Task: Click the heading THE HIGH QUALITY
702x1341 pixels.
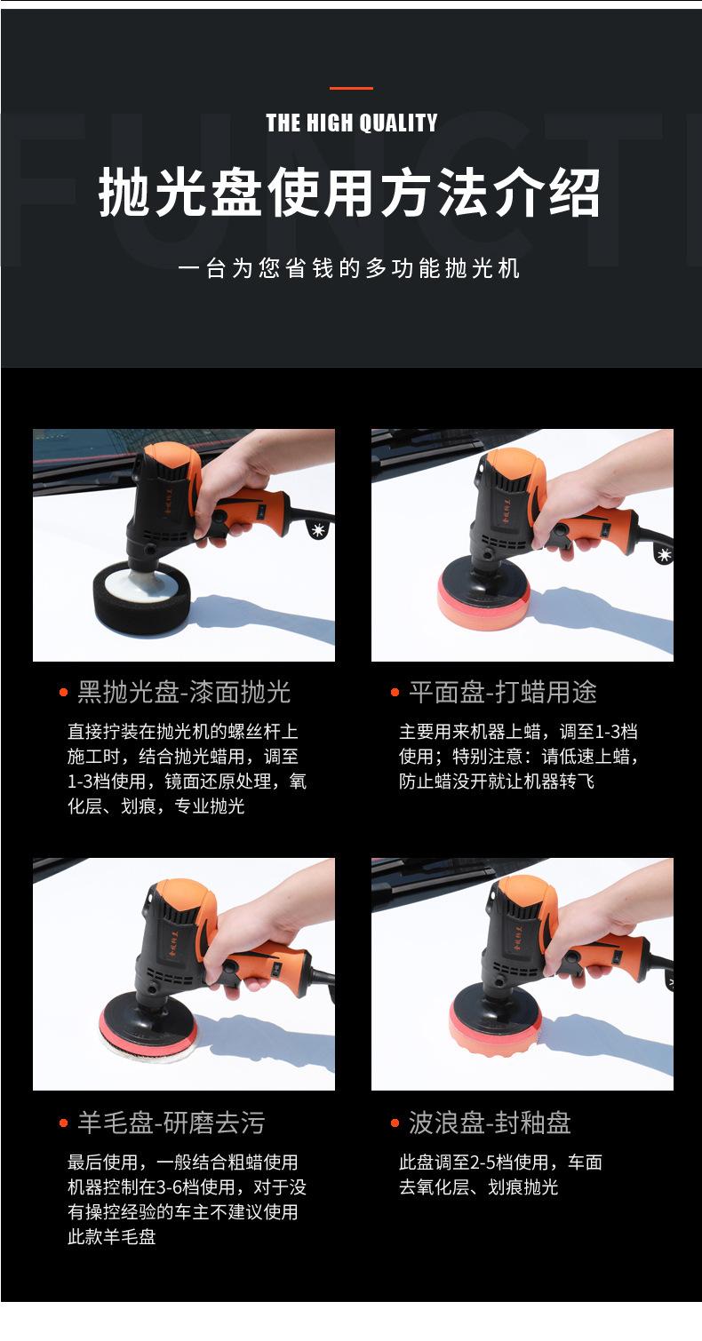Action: (352, 123)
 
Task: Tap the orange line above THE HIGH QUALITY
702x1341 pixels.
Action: (351, 88)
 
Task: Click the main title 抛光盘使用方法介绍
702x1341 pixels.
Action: (350, 192)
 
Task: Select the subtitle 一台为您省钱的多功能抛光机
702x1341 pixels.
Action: (349, 268)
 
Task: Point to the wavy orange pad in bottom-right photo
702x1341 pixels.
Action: (495, 1028)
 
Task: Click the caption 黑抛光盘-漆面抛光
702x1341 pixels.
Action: (184, 692)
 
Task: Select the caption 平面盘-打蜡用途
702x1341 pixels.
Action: (503, 692)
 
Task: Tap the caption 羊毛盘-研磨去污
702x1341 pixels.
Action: (172, 1123)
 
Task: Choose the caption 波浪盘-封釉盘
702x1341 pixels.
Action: (490, 1123)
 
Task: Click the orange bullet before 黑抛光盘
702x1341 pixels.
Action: (63, 693)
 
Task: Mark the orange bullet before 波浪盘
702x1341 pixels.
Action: (395, 1123)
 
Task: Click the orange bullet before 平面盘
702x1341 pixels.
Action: (395, 693)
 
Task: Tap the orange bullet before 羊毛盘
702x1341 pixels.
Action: (63, 1123)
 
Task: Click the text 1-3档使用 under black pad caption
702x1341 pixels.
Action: (107, 782)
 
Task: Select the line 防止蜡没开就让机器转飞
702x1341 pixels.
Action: (497, 782)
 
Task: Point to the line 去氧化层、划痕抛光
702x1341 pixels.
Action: (479, 1186)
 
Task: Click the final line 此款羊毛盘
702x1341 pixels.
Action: (111, 1237)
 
